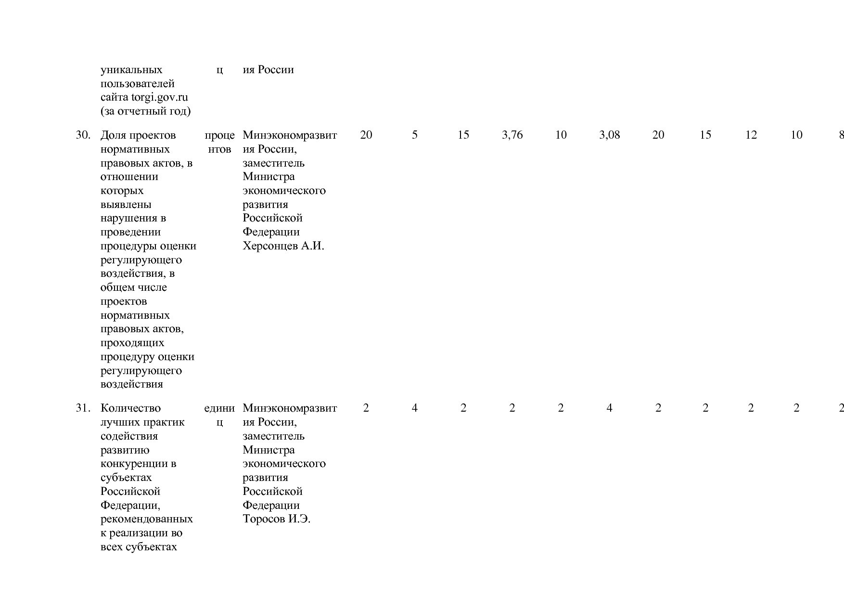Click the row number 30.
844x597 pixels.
pos(83,135)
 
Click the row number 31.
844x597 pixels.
pos(83,408)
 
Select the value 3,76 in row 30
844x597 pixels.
pos(512,135)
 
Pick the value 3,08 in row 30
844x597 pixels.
pos(609,135)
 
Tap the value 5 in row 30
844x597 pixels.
pos(414,135)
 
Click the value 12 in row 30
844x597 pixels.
pos(751,135)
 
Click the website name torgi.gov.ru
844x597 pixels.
pos(159,98)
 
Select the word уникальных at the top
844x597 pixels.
pos(131,70)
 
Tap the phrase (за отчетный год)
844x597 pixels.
pos(145,112)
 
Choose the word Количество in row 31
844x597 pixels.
pos(130,408)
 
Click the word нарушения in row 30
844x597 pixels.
pos(128,218)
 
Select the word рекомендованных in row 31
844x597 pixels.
pos(146,519)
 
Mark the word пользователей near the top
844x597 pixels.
pos(137,84)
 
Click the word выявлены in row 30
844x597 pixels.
pos(126,205)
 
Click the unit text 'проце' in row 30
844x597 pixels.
pos(219,135)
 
